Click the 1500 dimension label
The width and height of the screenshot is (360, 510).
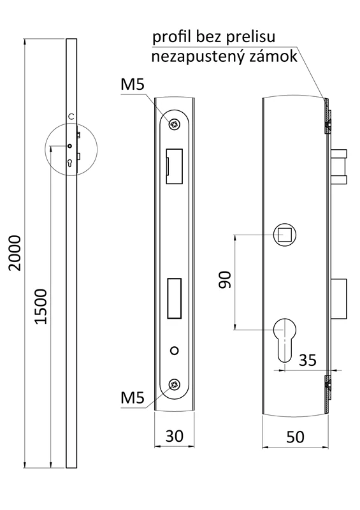(x=40, y=306)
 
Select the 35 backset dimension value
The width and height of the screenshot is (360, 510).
(x=308, y=360)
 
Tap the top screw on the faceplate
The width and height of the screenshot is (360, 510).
(x=173, y=124)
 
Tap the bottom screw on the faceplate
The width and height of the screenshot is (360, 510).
(x=173, y=384)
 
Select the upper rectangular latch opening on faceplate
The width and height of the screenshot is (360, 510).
(x=174, y=166)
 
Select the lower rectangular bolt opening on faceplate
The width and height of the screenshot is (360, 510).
(x=174, y=298)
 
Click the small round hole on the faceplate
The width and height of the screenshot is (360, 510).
(x=174, y=351)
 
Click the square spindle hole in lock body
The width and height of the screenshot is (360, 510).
(x=284, y=235)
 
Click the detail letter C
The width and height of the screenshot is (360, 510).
(x=71, y=116)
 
